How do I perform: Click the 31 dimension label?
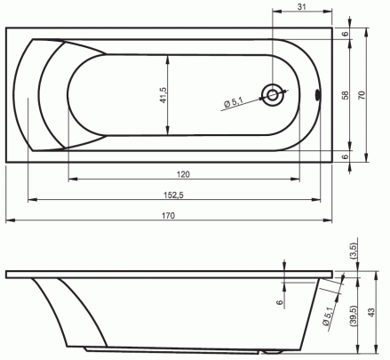(301, 6)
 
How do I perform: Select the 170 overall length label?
(168, 215)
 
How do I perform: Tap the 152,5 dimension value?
(174, 195)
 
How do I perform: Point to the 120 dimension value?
(183, 174)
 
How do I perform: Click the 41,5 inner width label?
(163, 95)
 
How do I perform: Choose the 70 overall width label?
(362, 95)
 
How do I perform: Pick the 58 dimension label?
(346, 95)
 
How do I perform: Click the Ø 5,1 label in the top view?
(234, 103)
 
